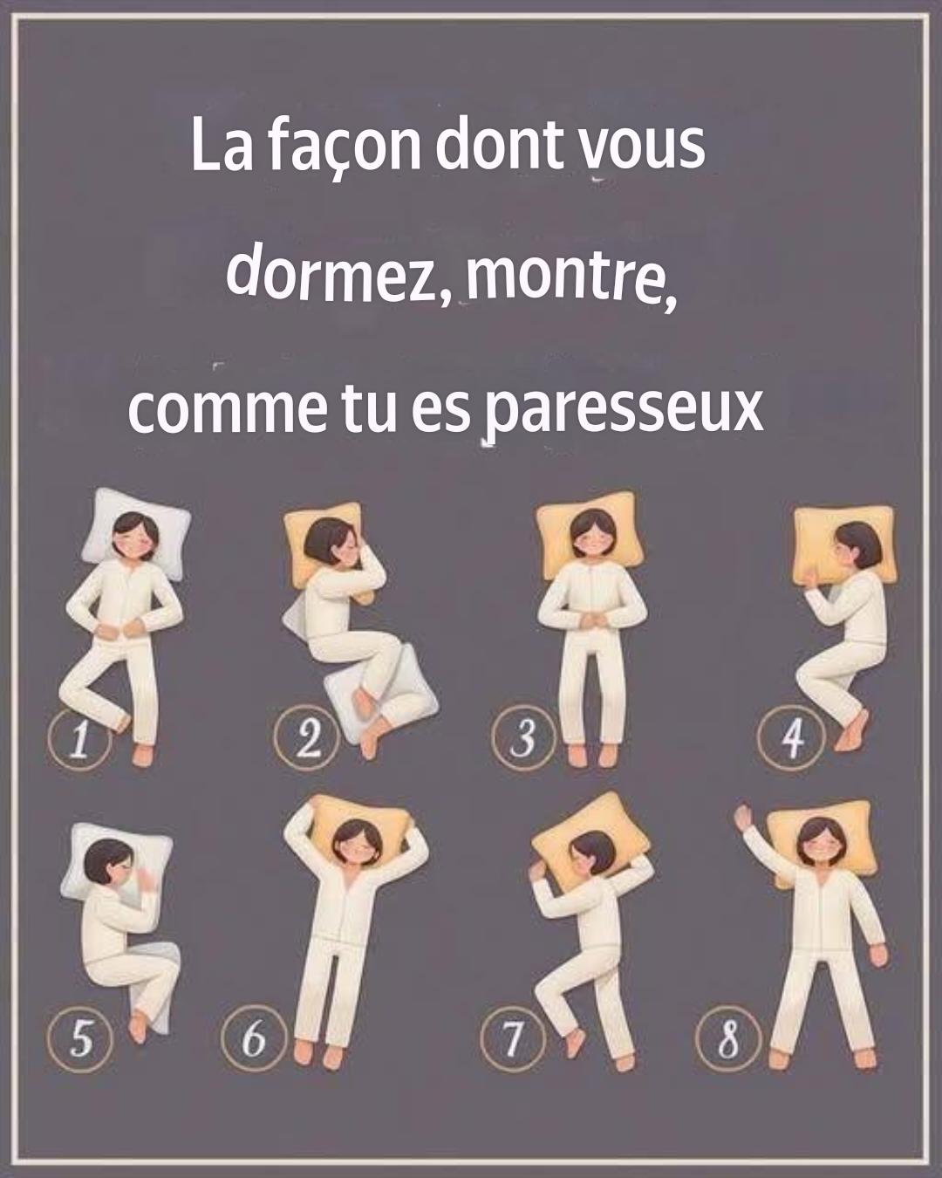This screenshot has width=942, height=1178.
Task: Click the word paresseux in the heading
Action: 624,409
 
